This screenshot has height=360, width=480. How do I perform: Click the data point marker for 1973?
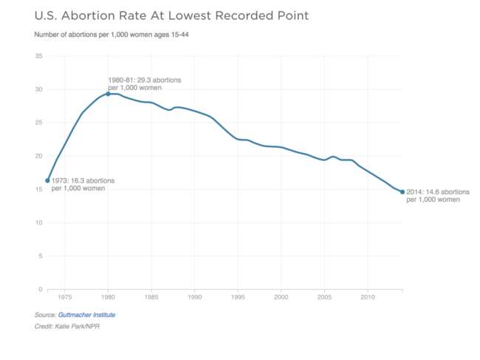tap(47, 180)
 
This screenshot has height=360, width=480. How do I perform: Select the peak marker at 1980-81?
tap(109, 94)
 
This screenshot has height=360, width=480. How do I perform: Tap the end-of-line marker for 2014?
tap(402, 191)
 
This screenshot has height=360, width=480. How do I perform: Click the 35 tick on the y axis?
tap(38, 56)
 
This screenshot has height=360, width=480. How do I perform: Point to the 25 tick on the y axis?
tap(38, 123)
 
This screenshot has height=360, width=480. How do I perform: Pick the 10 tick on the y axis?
tap(38, 223)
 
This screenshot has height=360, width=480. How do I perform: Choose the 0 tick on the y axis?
tap(40, 289)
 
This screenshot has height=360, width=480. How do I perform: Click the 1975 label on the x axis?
tap(65, 297)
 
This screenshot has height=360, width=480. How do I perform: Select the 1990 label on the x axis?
tap(195, 297)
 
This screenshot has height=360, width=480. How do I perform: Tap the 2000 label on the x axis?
tap(281, 297)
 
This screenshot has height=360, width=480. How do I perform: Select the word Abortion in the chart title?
tap(83, 15)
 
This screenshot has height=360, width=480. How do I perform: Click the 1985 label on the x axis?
tap(151, 297)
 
